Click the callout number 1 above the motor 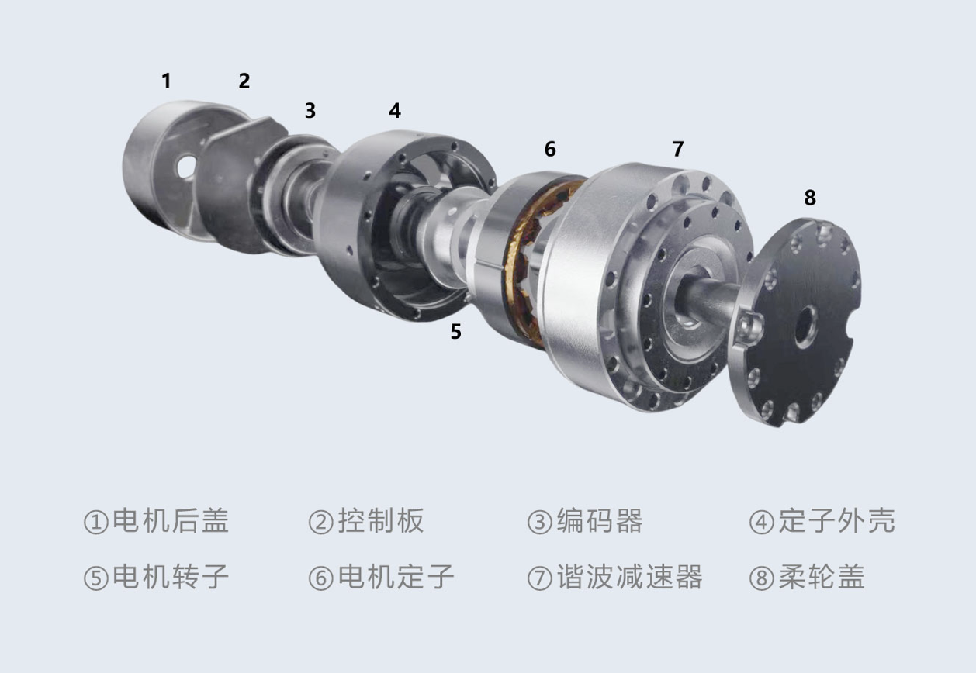coord(167,81)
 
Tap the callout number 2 coord(244,81)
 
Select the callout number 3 coord(310,111)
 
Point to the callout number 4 coord(395,111)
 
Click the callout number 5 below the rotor coord(455,332)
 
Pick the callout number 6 coord(550,150)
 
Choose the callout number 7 coord(678,149)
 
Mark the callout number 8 coord(810,198)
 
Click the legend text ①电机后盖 coord(156,520)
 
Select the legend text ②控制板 coord(366,520)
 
